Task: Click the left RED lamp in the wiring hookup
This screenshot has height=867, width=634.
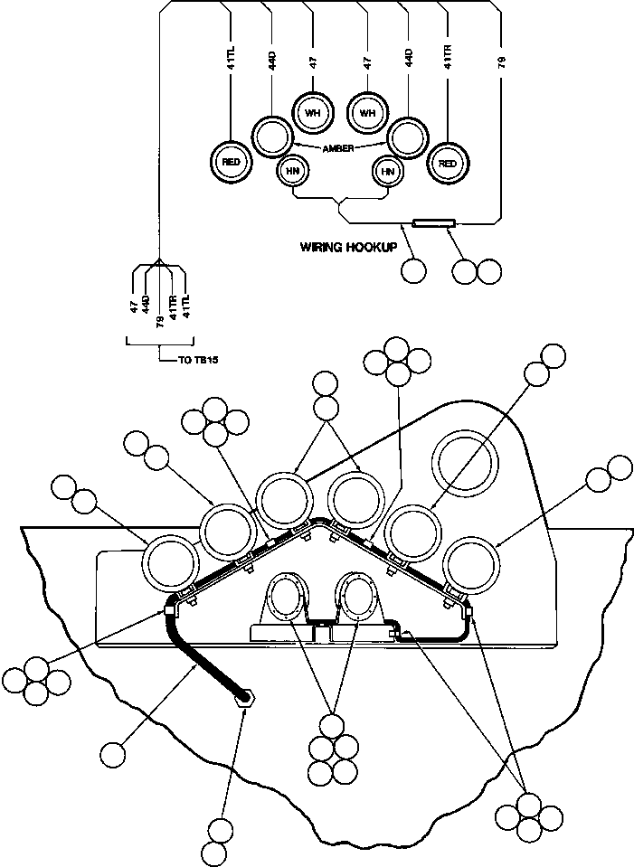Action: point(230,161)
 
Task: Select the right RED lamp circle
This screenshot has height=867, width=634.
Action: point(446,163)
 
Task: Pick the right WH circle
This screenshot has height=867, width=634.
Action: point(367,113)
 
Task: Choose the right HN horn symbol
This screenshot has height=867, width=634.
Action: point(388,170)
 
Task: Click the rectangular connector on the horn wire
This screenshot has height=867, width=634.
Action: point(432,221)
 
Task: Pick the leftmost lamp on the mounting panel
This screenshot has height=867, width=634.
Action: point(172,561)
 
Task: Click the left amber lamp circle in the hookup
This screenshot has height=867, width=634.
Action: point(269,137)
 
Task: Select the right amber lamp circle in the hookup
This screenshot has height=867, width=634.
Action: point(407,137)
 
